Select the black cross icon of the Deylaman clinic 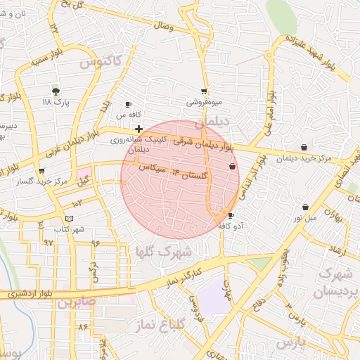(139, 129)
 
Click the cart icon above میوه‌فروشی (204, 91)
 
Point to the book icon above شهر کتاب (68, 219)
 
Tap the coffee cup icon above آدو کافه (231, 216)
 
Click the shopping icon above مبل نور (305, 207)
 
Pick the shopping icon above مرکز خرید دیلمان (303, 148)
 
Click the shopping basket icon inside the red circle (233, 167)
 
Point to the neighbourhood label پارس (291, 342)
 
